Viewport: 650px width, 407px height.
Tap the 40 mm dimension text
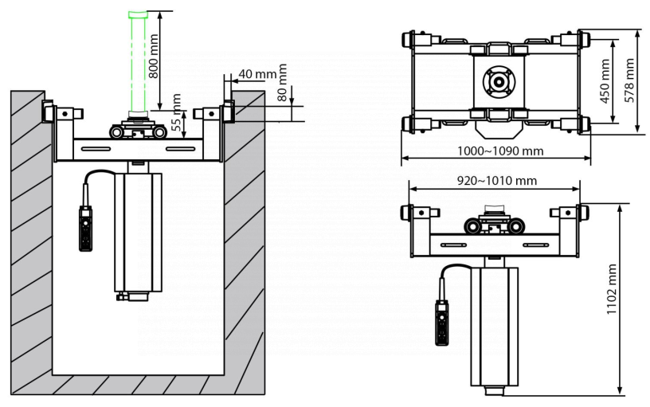(x=257, y=74)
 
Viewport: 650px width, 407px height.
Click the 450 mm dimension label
(x=605, y=76)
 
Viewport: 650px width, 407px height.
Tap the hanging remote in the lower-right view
(x=441, y=321)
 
